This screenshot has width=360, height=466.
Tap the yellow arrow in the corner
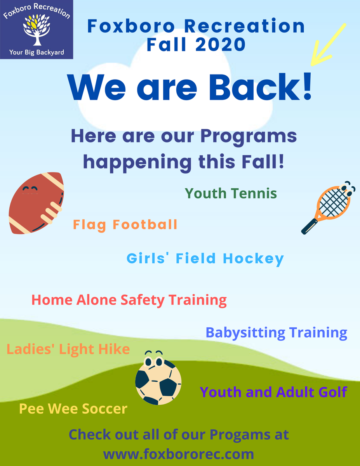click(328, 45)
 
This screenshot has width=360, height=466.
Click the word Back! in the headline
click(260, 88)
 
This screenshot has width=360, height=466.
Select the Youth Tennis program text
click(231, 193)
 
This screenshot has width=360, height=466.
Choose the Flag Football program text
click(125, 224)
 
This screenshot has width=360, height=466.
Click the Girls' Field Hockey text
click(205, 259)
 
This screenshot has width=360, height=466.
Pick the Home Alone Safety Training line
click(129, 300)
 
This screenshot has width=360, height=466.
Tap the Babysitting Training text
click(276, 333)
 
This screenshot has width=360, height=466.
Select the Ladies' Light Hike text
click(68, 349)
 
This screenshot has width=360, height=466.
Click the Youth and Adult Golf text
click(273, 392)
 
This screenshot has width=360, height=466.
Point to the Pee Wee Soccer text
click(73, 409)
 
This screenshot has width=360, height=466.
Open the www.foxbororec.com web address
click(178, 454)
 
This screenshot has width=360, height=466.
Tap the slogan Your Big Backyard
click(37, 52)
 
